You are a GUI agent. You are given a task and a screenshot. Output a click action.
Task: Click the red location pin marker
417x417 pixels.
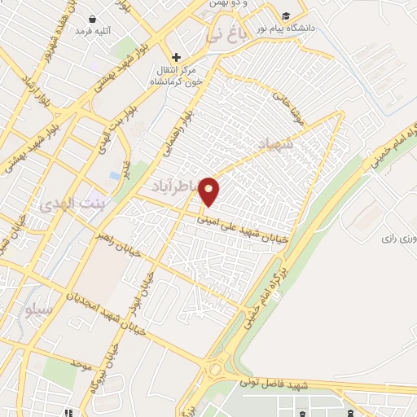coord(210,191)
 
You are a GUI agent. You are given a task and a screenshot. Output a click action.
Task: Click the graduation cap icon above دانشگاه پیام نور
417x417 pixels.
coord(286,16)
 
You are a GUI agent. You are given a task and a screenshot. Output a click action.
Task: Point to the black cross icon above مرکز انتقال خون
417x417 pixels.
coord(176,57)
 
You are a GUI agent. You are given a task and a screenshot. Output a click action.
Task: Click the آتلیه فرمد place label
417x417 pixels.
coord(92,31)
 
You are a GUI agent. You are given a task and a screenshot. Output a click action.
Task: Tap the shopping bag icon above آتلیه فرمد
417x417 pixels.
coord(92,18)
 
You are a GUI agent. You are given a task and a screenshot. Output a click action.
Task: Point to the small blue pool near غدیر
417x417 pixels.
coord(115,175)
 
